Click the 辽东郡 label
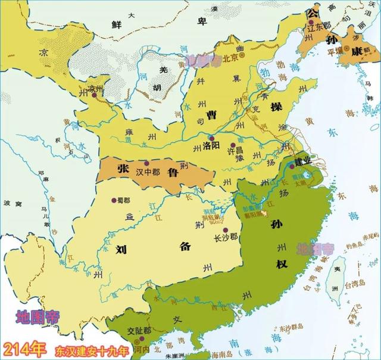[316, 29]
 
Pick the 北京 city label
[229, 58]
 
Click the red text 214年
[24, 347]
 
